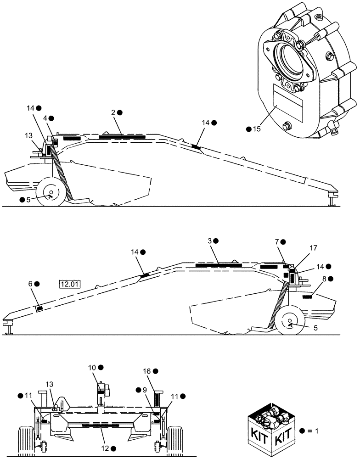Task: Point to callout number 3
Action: click(x=209, y=241)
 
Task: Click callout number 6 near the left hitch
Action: click(x=30, y=284)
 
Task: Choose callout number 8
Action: click(x=324, y=279)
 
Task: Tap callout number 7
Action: click(x=276, y=241)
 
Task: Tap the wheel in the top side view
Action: click(x=50, y=193)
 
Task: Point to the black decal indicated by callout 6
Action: click(x=40, y=308)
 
